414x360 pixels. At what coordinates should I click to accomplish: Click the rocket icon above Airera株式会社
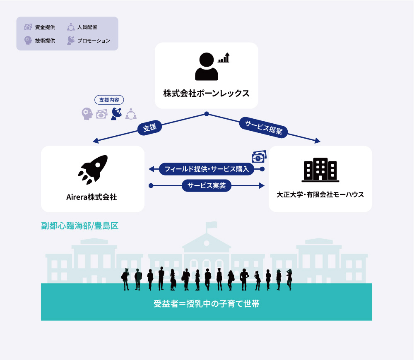pyautogui.click(x=93, y=170)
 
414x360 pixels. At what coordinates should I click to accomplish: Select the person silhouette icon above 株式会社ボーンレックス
pyautogui.click(x=207, y=66)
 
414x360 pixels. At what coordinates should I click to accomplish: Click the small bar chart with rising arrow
pyautogui.click(x=224, y=58)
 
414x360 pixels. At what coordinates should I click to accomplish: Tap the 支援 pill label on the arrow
pyautogui.click(x=150, y=128)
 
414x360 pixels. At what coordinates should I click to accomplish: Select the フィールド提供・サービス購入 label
pyautogui.click(x=207, y=169)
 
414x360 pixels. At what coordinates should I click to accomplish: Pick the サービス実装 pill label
pyautogui.click(x=207, y=185)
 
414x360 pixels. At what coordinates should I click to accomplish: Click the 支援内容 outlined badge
pyautogui.click(x=109, y=100)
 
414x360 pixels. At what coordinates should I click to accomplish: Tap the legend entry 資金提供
pyautogui.click(x=40, y=27)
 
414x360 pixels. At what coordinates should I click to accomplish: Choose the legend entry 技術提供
pyautogui.click(x=40, y=41)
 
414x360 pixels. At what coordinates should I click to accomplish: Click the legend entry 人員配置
pyautogui.click(x=82, y=27)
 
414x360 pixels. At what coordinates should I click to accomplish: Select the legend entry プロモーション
pyautogui.click(x=89, y=41)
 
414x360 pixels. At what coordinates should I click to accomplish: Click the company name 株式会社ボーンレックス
pyautogui.click(x=207, y=94)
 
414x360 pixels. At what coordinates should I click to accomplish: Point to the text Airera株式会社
pyautogui.click(x=91, y=197)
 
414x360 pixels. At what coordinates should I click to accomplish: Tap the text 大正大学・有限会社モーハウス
pyautogui.click(x=320, y=194)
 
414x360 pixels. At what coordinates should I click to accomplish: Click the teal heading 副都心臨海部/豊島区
pyautogui.click(x=80, y=226)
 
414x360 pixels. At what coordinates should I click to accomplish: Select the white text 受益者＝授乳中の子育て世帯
pyautogui.click(x=207, y=304)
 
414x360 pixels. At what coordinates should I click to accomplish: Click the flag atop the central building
pyautogui.click(x=212, y=225)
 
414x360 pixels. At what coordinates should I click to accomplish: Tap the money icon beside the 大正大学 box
pyautogui.click(x=259, y=156)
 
